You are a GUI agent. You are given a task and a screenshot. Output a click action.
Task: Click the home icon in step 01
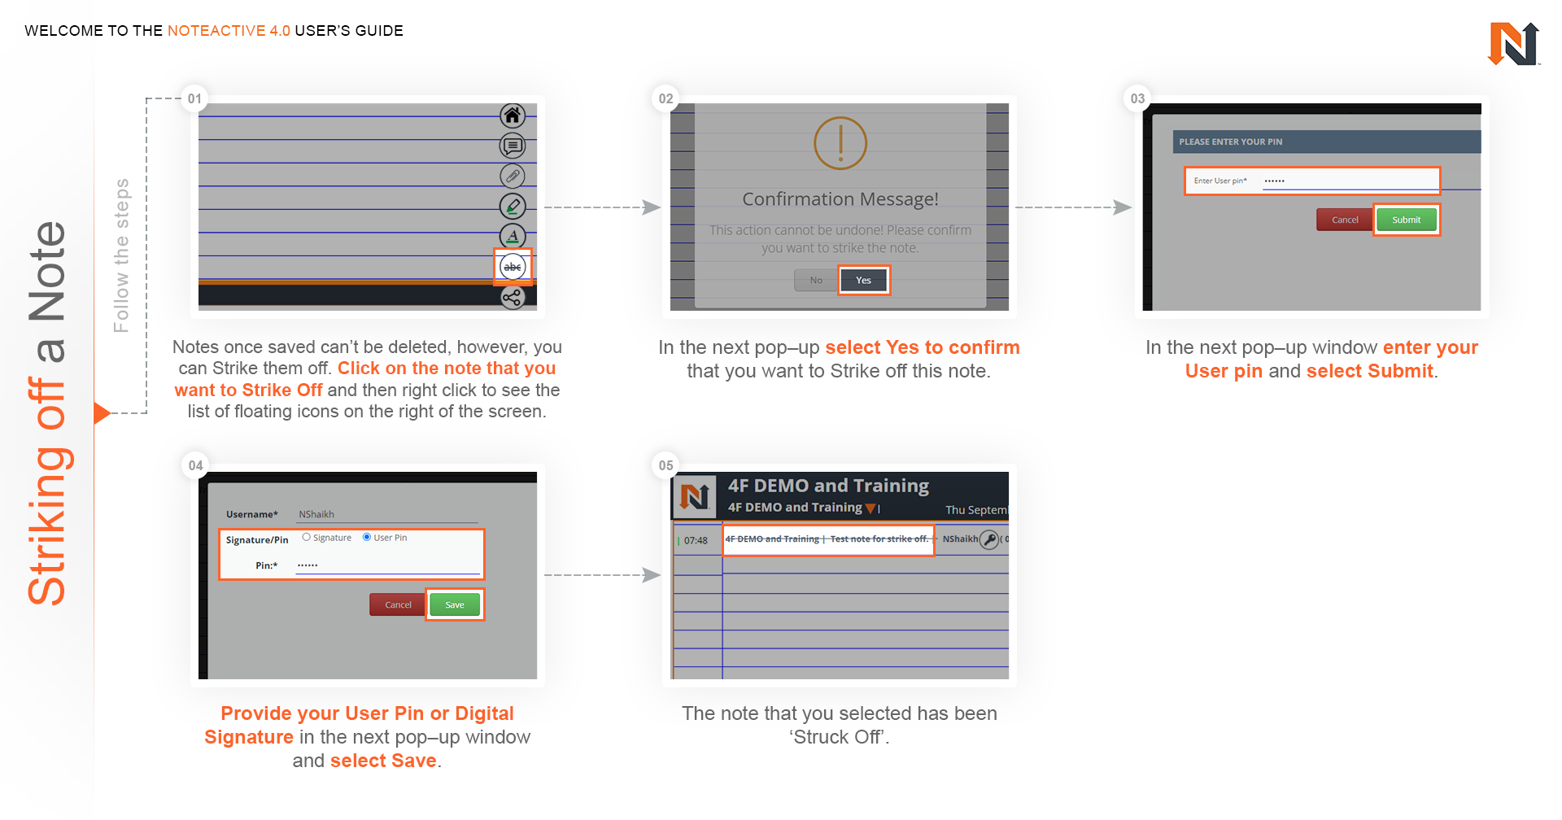[x=513, y=116]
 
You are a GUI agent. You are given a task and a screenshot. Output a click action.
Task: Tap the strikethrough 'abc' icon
[x=513, y=267]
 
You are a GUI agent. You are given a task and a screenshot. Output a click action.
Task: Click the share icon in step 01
[x=513, y=298]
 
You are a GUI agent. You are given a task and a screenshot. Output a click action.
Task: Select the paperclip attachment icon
[x=513, y=176]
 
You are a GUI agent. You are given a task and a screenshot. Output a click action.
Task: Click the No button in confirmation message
[x=816, y=281]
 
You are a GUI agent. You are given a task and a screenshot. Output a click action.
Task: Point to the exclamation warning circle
[x=840, y=143]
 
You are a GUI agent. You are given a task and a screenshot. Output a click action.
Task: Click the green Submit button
[x=1406, y=220]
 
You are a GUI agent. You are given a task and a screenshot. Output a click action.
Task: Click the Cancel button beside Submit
[x=1345, y=220]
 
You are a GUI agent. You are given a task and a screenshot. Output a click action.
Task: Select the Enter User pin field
[x=1311, y=181]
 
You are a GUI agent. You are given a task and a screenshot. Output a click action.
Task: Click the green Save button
[x=455, y=604]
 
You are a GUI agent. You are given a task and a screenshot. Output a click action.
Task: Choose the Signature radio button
[x=307, y=537]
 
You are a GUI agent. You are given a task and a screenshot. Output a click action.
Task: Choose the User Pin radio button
[x=367, y=537]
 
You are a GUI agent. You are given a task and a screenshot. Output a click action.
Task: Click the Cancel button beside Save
[x=398, y=604]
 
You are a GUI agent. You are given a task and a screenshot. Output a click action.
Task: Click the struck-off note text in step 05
[x=827, y=539]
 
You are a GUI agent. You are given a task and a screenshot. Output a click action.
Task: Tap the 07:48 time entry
[x=696, y=540]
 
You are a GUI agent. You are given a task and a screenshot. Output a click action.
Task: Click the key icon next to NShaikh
[x=989, y=539]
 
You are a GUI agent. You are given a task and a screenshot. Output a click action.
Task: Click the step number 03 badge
[x=1137, y=98]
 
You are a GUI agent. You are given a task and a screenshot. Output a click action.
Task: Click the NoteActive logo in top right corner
[x=1513, y=44]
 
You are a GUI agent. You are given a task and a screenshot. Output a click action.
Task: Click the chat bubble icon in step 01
[x=513, y=146]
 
